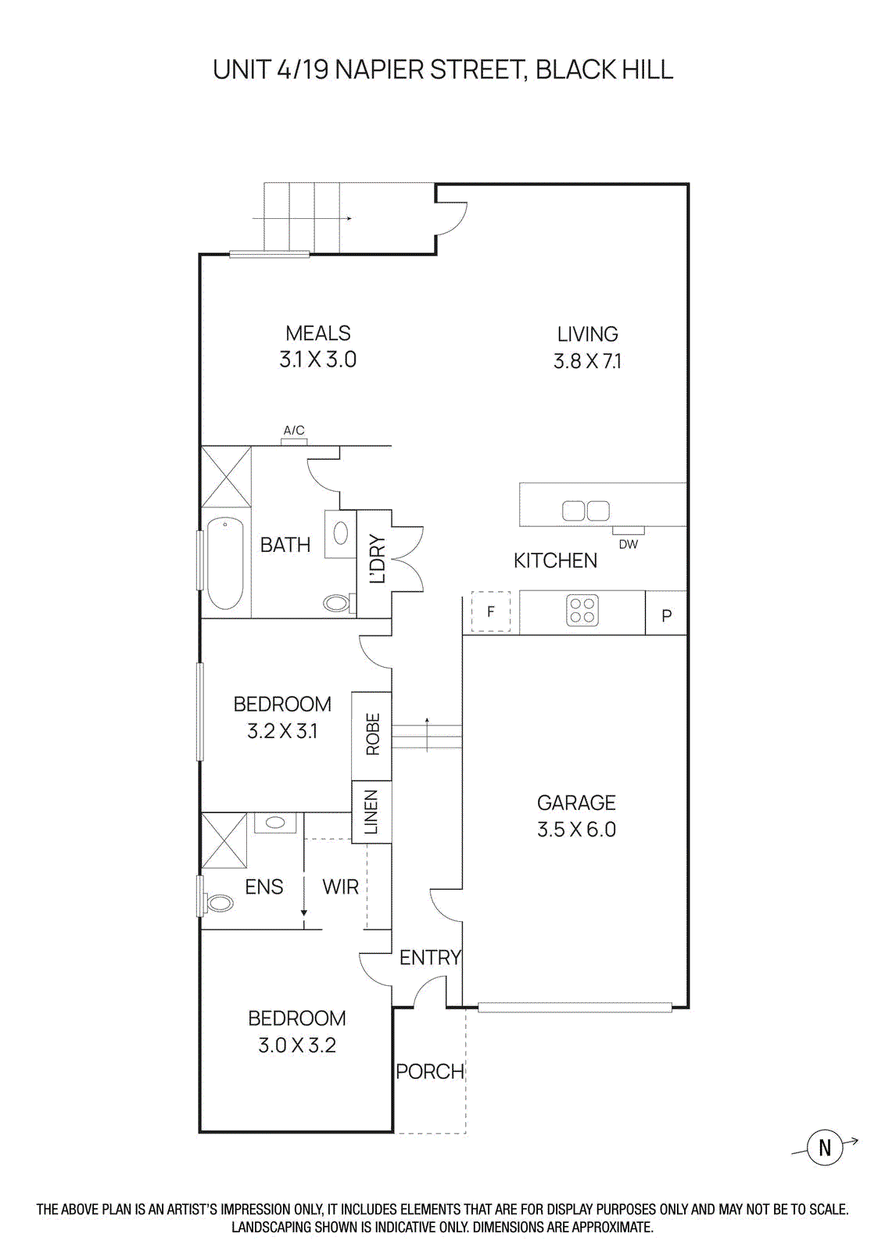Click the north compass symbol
tap(824, 1148)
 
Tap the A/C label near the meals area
tap(294, 431)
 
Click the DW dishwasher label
tap(628, 544)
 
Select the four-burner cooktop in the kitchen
tap(582, 610)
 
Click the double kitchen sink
tap(586, 511)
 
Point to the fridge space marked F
tap(491, 611)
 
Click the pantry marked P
tap(666, 615)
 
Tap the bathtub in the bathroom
tap(225, 563)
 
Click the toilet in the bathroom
tap(338, 603)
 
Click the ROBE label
tap(372, 734)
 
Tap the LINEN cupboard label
tap(371, 812)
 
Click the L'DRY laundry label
tap(377, 559)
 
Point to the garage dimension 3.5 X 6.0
tap(576, 830)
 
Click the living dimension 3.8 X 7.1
tap(587, 361)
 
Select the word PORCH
tap(429, 1072)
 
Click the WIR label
tap(340, 887)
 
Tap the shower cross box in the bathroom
tap(227, 476)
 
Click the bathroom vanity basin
tap(341, 533)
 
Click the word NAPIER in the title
tap(379, 70)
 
